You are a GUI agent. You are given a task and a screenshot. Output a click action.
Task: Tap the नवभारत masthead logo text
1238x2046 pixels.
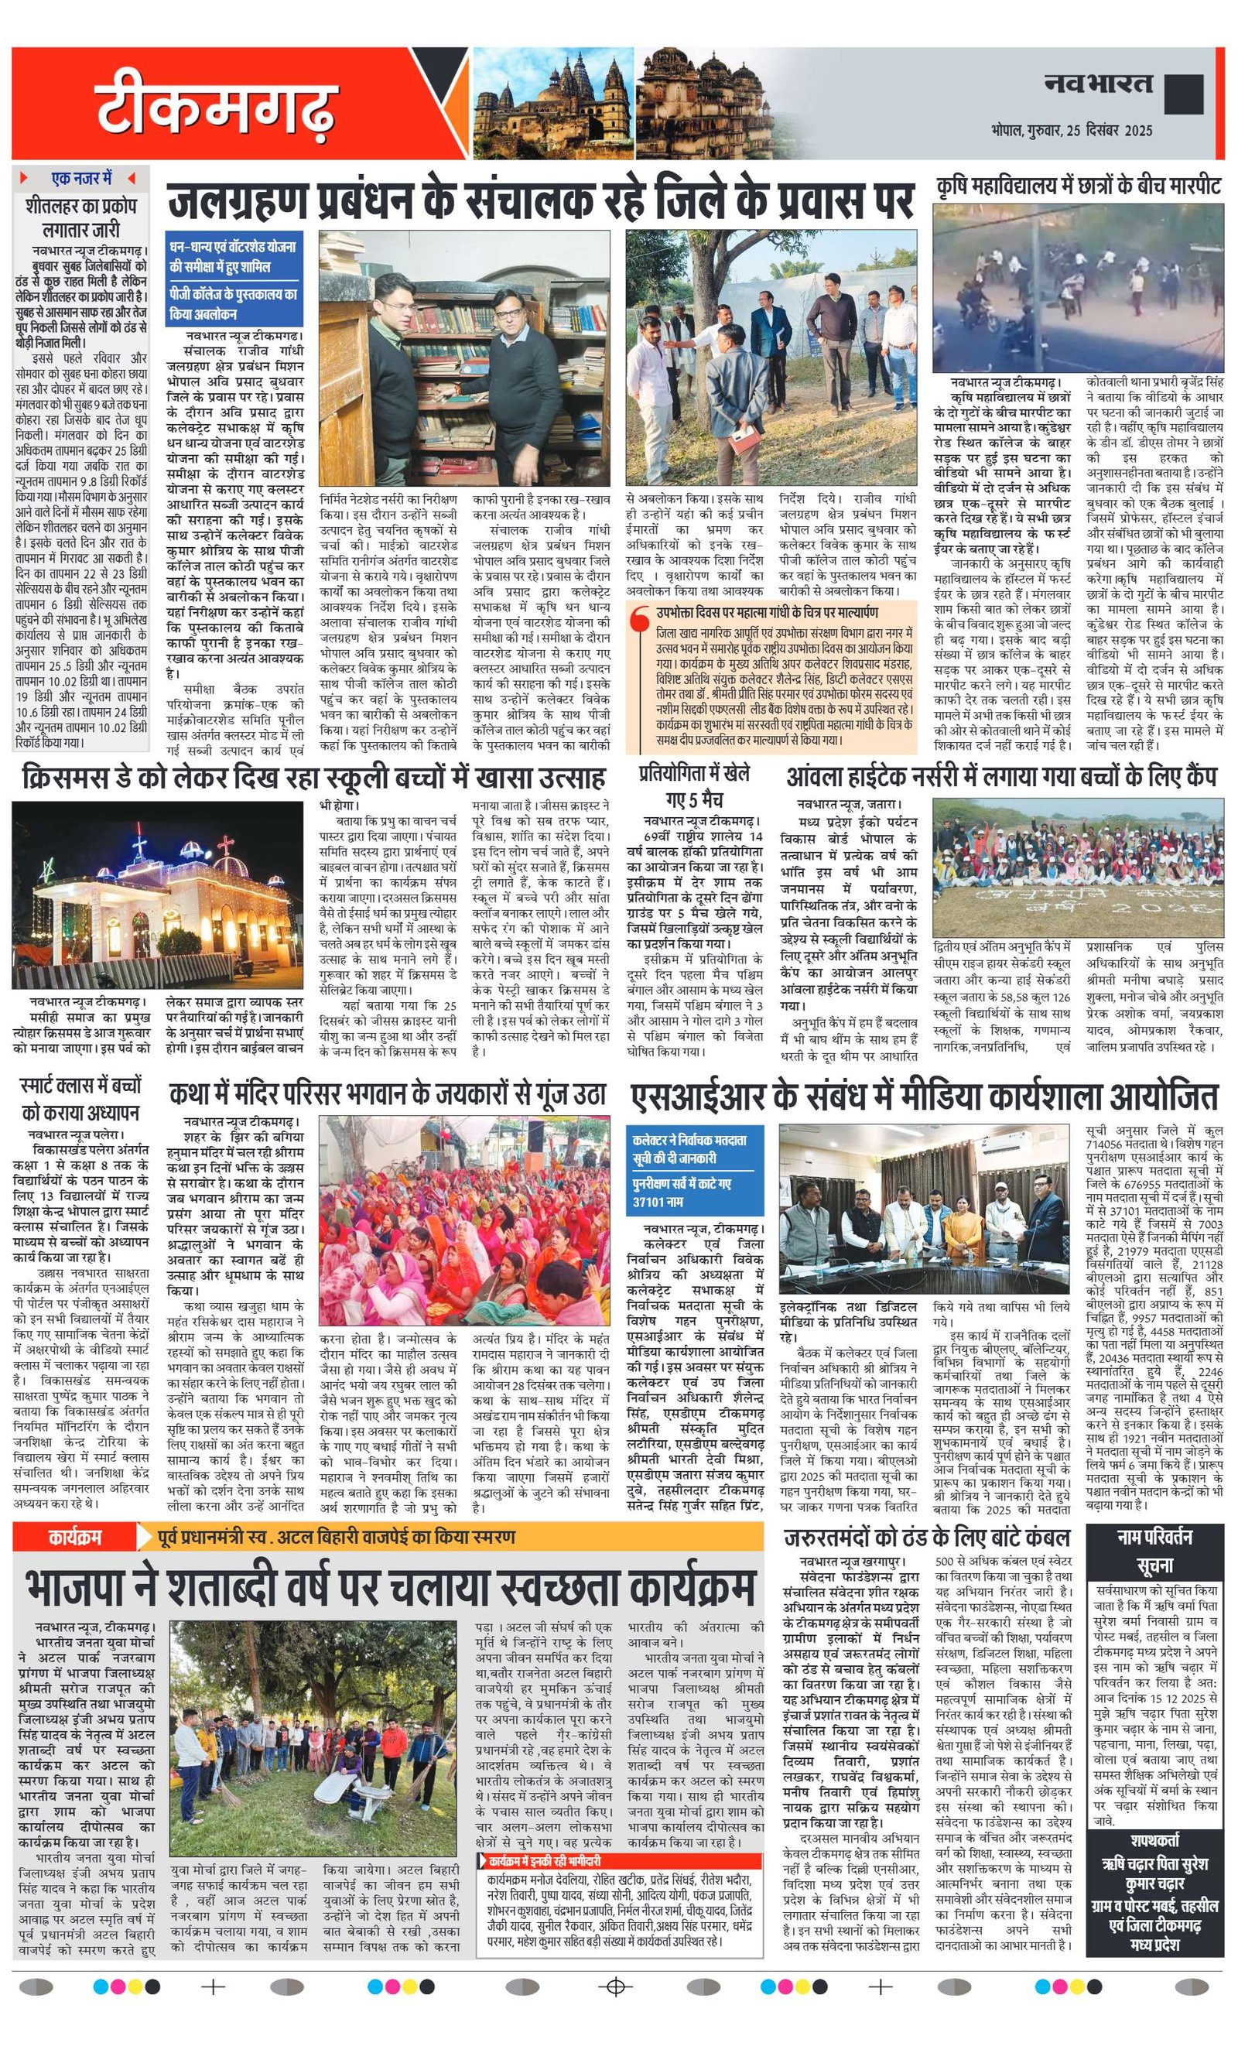pos(1098,84)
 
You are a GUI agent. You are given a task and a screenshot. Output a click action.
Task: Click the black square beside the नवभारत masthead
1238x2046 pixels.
pos(1183,94)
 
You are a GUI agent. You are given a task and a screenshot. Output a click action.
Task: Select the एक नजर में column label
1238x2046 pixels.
pos(81,179)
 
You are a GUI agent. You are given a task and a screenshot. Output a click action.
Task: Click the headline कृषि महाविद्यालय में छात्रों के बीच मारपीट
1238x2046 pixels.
pos(1078,186)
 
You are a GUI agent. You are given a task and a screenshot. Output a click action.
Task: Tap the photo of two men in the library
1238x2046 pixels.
pos(465,359)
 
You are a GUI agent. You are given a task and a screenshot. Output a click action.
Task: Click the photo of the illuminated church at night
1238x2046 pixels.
pos(158,894)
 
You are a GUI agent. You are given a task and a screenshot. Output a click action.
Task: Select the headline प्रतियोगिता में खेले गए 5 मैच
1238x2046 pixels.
pos(694,787)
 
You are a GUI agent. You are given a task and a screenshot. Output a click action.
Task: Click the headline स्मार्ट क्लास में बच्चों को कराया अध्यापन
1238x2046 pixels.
pos(80,1099)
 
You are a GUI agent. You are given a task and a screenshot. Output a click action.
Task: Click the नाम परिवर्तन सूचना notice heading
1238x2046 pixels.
pos(1154,1550)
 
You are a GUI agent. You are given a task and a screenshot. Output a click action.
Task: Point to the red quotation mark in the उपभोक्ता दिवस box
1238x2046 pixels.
pos(639,619)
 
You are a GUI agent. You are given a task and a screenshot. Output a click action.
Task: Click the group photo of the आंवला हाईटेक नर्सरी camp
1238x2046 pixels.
pos(1078,867)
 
